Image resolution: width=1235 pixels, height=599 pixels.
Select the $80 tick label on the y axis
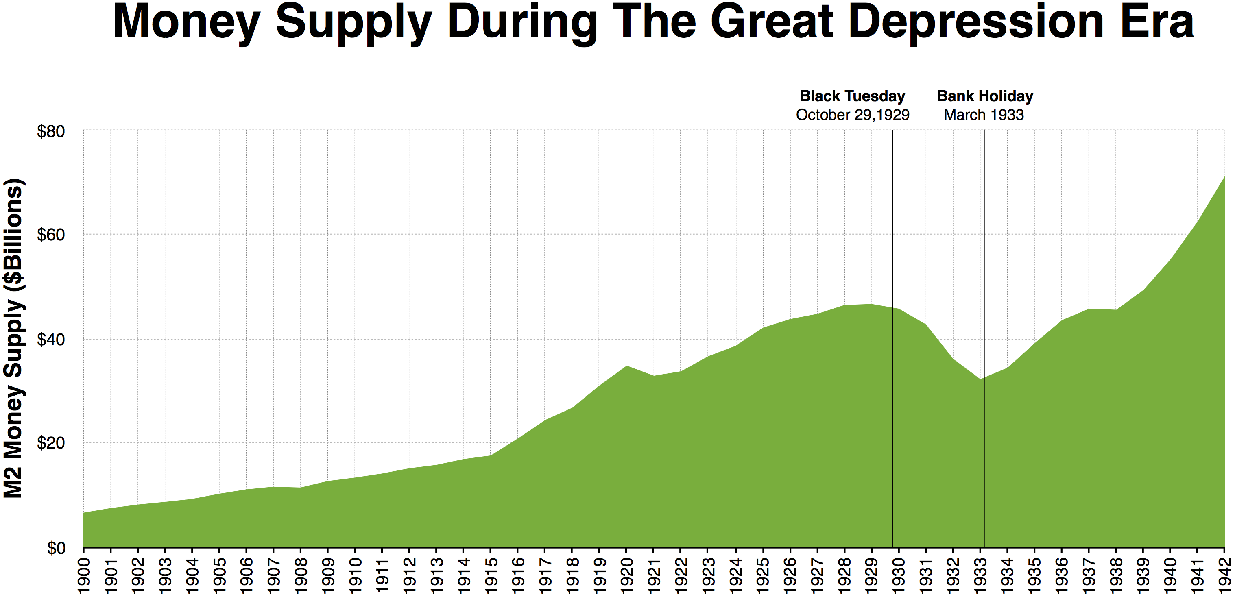coord(51,131)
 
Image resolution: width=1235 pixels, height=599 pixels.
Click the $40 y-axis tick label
coord(51,340)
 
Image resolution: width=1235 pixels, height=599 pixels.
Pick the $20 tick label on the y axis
coord(51,443)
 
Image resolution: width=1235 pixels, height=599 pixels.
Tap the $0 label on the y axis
coord(56,548)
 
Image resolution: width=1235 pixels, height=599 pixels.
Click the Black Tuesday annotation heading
coord(852,96)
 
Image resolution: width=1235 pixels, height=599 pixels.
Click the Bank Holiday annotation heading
coord(985,96)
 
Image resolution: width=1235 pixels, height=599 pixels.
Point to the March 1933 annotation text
coord(984,115)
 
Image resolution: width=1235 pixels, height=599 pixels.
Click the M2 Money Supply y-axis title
coord(13,338)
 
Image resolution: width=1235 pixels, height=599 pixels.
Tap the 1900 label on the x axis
coord(83,575)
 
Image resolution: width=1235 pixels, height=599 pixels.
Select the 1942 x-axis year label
coord(1224,575)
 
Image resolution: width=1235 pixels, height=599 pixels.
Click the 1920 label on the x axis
coord(626,575)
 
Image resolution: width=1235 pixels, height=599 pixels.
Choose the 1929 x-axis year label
coord(871,575)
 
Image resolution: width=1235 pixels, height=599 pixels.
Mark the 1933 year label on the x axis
coord(980,575)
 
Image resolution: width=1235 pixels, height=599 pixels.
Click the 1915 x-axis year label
coord(491,575)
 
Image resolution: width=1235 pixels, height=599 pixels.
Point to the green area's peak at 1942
coord(1224,177)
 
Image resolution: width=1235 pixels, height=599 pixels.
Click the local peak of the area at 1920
coord(626,366)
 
